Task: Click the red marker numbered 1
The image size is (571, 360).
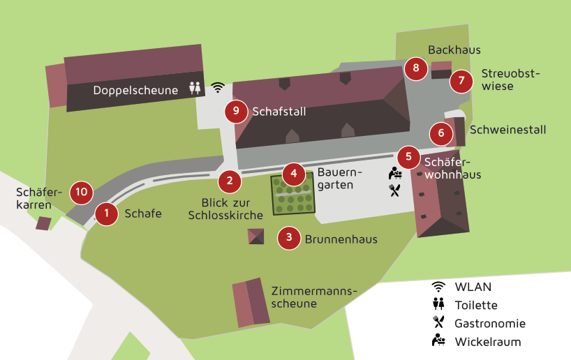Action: point(106,213)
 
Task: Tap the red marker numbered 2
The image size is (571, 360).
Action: point(230,181)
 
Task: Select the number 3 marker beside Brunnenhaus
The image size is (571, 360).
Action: point(289,239)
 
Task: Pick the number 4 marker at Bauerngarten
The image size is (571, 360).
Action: point(294,173)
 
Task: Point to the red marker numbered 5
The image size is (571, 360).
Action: point(408,157)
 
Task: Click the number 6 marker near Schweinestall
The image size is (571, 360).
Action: point(441,132)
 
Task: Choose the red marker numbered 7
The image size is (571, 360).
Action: point(461,81)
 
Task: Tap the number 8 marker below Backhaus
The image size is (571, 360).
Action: point(416,68)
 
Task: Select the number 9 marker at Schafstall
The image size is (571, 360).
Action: point(237,111)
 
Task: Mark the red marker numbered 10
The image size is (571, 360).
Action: point(82,191)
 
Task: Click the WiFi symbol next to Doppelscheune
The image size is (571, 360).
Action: point(218,87)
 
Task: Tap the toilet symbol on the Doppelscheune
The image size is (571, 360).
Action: point(195,89)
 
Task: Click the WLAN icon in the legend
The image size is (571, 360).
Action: point(438,286)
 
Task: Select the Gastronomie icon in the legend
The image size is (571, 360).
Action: point(438,322)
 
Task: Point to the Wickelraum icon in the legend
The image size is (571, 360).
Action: point(438,340)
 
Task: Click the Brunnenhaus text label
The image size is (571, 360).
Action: point(341,239)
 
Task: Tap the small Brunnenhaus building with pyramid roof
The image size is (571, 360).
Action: point(256,236)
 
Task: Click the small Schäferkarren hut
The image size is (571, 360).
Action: point(44,223)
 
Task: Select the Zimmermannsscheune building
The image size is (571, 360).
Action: point(251,303)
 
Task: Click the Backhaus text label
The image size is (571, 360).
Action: point(454,50)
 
